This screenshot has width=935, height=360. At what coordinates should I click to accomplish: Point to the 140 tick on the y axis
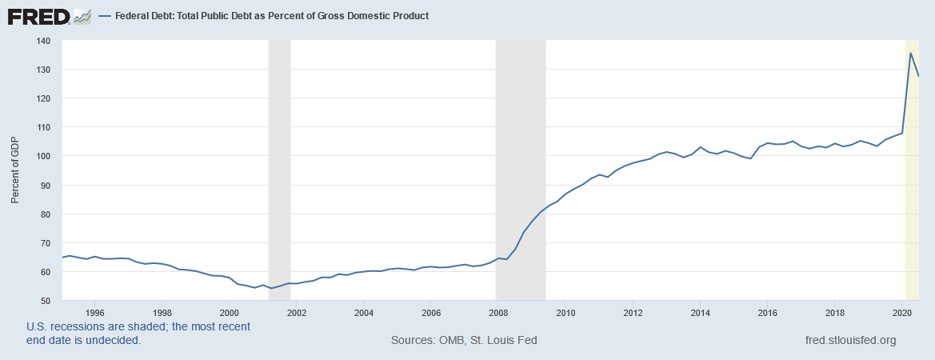pyautogui.click(x=44, y=41)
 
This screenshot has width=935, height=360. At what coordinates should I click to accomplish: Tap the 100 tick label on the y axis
pyautogui.click(x=44, y=156)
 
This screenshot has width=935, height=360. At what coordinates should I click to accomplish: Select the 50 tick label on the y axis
pyautogui.click(x=46, y=301)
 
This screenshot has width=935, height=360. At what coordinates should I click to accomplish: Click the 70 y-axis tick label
pyautogui.click(x=46, y=243)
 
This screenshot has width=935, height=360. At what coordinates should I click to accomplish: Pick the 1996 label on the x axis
pyautogui.click(x=94, y=313)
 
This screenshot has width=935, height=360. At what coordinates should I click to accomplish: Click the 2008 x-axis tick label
pyautogui.click(x=498, y=313)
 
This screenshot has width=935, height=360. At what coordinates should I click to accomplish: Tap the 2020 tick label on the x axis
pyautogui.click(x=902, y=313)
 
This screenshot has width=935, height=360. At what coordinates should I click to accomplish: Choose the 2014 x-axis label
pyautogui.click(x=701, y=313)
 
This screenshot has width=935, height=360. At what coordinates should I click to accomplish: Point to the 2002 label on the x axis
pyautogui.click(x=296, y=313)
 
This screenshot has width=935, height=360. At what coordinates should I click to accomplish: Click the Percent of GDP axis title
pyautogui.click(x=14, y=170)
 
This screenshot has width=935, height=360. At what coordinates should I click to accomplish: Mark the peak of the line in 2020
pyautogui.click(x=911, y=54)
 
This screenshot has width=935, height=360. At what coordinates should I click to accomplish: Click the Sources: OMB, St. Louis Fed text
pyautogui.click(x=464, y=340)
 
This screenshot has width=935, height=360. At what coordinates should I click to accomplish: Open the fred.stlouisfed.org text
pyautogui.click(x=851, y=340)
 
